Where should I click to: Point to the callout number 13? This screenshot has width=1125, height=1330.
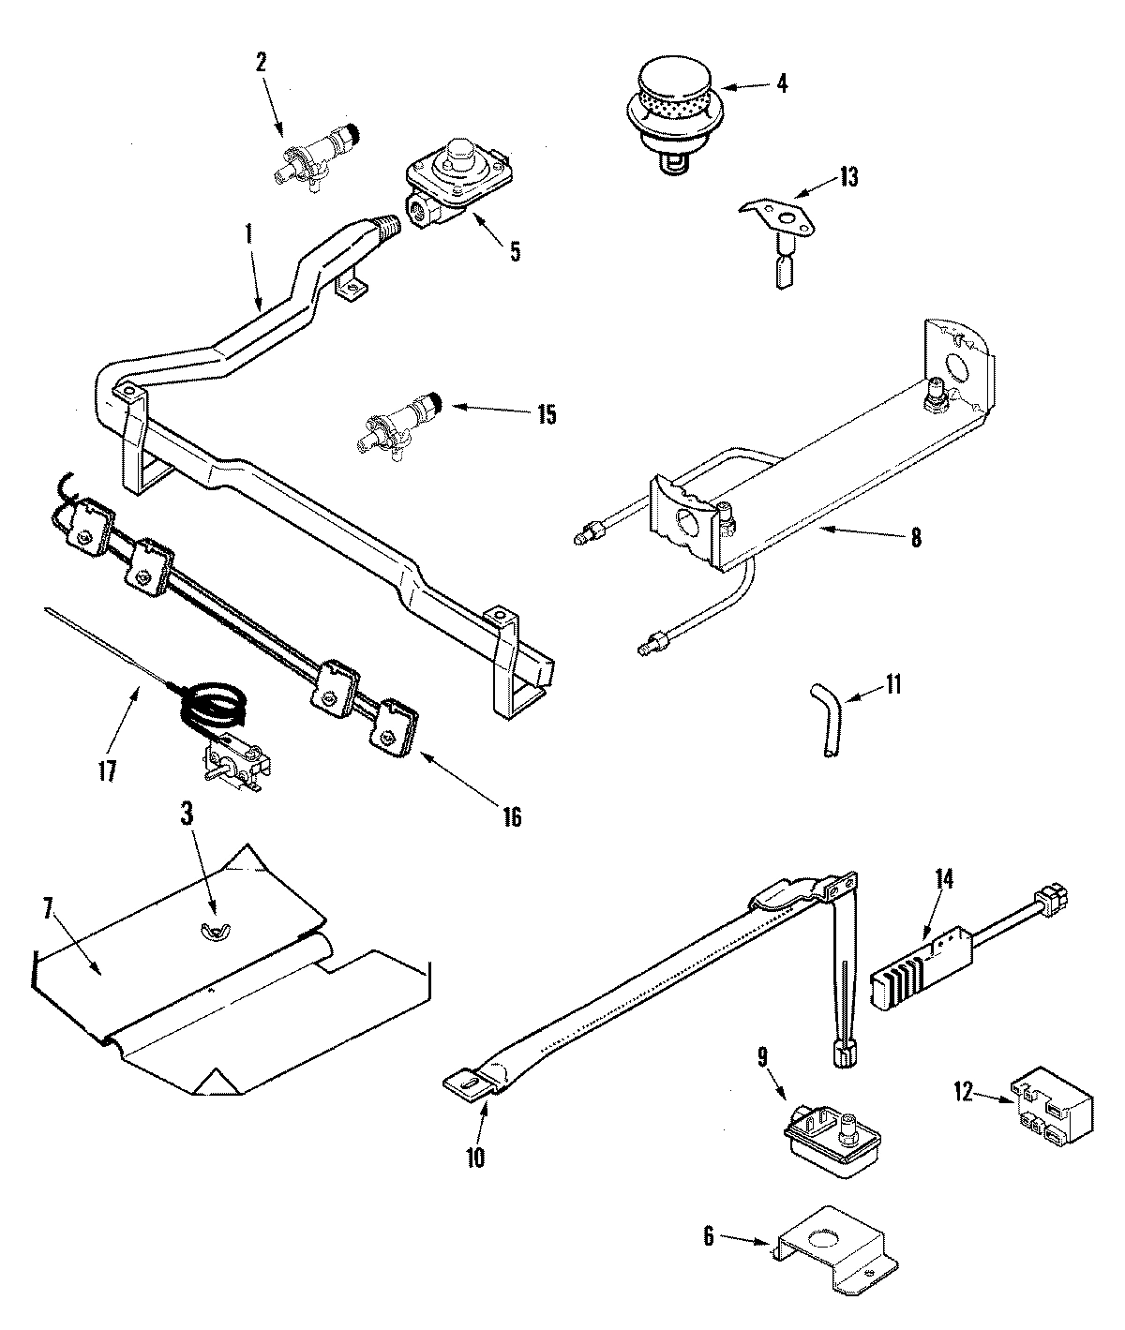point(848,177)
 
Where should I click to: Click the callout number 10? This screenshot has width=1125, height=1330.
point(475,1158)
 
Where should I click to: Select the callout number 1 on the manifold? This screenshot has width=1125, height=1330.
point(248,233)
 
